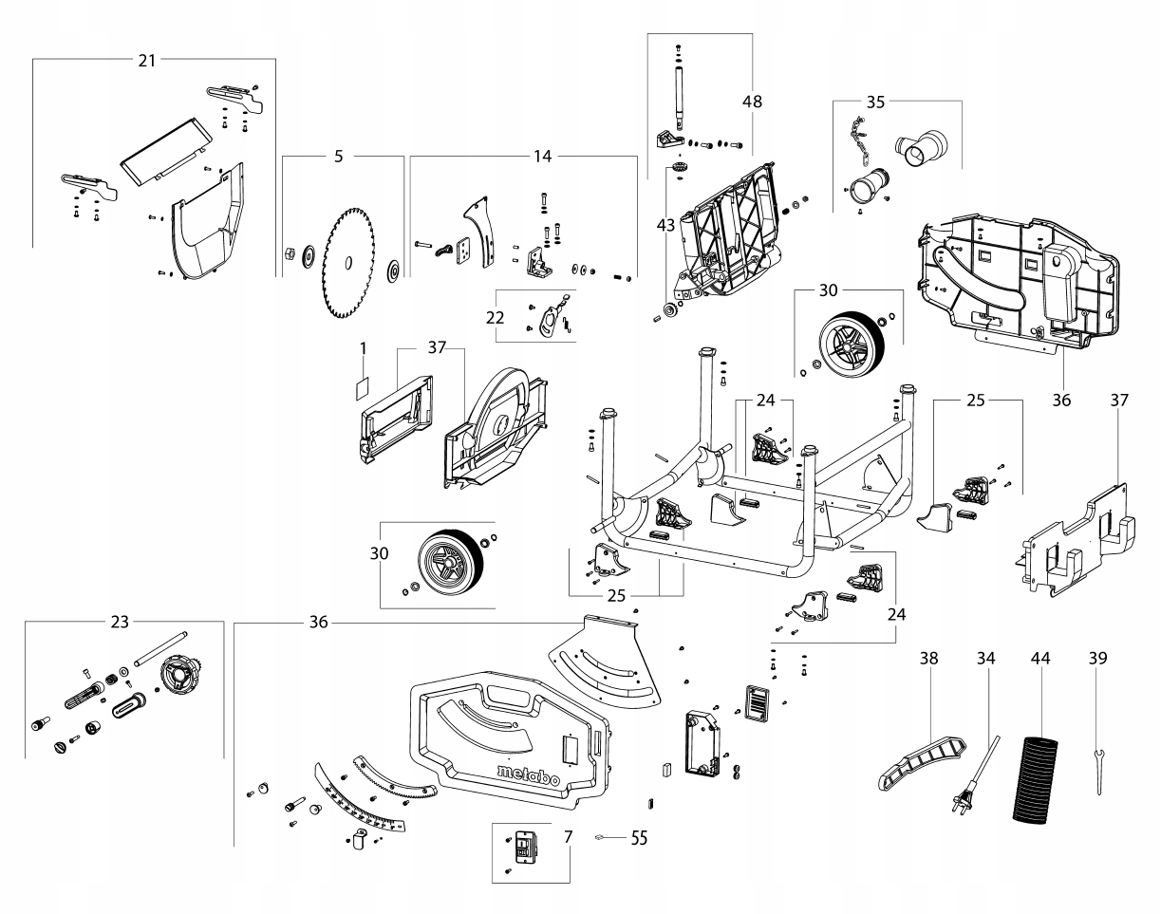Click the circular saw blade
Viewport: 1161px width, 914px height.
coord(348,263)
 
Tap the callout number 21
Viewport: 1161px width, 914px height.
coord(147,61)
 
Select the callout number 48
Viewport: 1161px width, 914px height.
coord(752,102)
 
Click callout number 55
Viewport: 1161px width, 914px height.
coord(639,838)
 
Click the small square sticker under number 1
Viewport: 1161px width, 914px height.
coord(363,388)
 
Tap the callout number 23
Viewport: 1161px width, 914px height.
coord(120,622)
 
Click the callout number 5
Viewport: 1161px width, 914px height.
coord(338,157)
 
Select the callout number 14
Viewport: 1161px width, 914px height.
coord(543,157)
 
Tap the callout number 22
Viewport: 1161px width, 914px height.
coord(495,317)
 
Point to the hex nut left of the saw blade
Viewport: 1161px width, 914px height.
coord(288,253)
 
